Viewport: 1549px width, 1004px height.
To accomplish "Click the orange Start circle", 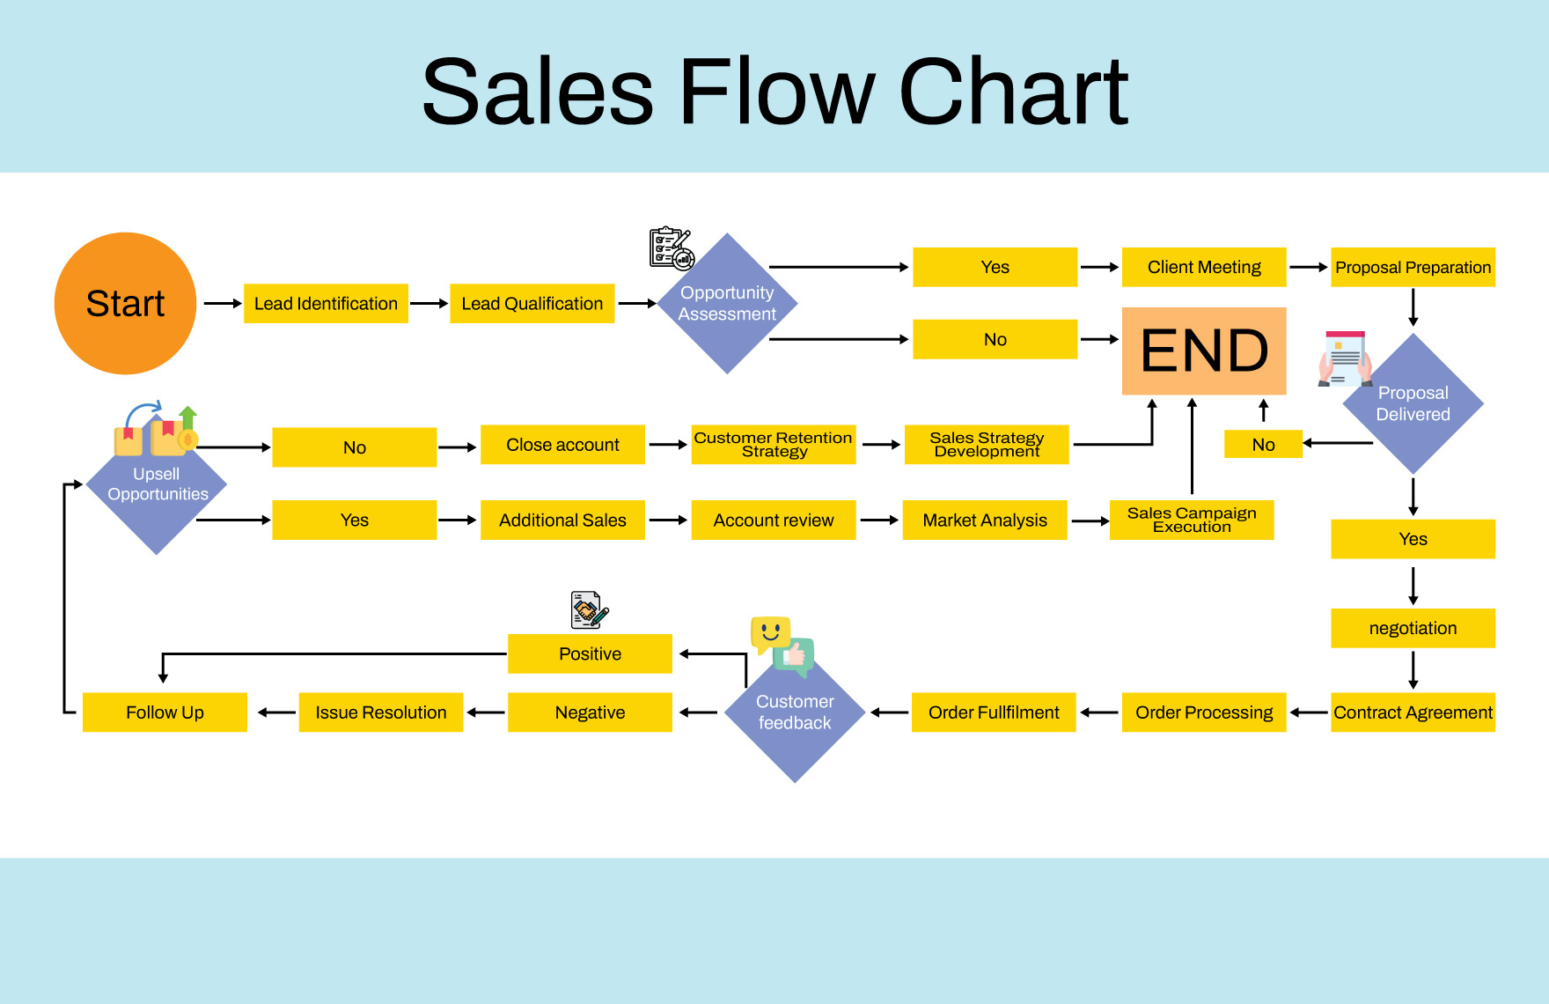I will (125, 304).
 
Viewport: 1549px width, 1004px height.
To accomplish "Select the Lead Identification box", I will (326, 304).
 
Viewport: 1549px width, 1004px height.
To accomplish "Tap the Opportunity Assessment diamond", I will (727, 304).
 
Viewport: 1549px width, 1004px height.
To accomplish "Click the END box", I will (1204, 351).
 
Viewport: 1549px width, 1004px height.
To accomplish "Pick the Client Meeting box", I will (1204, 267).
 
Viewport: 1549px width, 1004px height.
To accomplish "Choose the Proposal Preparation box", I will (1413, 267).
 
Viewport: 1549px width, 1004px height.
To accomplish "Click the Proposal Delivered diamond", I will (1413, 403).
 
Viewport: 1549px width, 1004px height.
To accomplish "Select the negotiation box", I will (1413, 628).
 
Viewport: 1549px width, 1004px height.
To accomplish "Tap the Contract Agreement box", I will (1413, 712).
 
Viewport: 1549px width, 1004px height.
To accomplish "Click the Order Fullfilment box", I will (994, 712).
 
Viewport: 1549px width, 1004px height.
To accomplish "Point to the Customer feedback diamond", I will (795, 712).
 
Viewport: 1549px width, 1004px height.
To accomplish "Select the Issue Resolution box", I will (381, 712).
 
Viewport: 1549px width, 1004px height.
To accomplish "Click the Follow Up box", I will (165, 712).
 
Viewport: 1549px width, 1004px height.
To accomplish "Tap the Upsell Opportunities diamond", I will (157, 485).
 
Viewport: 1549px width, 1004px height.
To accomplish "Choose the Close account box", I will (562, 445).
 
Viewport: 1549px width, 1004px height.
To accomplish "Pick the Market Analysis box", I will (985, 520).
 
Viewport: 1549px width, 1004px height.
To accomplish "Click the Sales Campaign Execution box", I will (1192, 520).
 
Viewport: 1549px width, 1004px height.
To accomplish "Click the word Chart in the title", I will (1012, 92).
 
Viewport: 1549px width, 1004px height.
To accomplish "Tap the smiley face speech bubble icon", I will (770, 632).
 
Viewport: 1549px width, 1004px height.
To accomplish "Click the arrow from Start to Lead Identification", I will (222, 304).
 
